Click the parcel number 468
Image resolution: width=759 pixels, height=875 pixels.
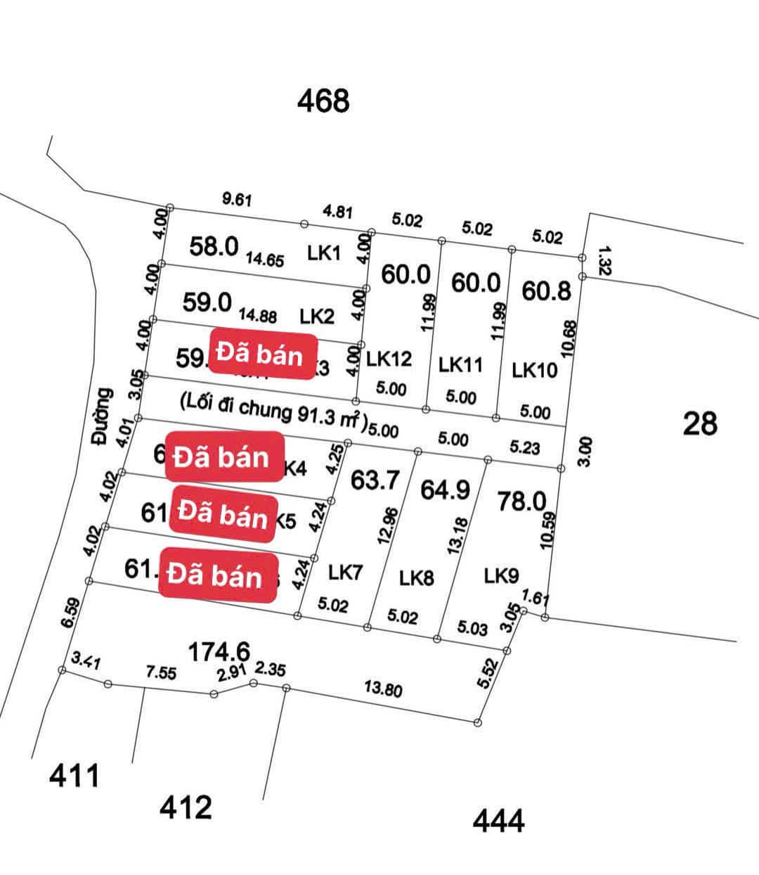tap(323, 101)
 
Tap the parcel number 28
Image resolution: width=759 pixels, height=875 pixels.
tap(700, 423)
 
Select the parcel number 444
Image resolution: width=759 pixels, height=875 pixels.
tap(498, 821)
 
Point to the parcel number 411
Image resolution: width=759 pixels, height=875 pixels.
tap(74, 777)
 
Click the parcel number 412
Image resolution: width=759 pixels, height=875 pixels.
tap(186, 807)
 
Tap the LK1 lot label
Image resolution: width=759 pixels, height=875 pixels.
tap(324, 253)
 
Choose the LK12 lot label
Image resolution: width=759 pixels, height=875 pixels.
tap(389, 359)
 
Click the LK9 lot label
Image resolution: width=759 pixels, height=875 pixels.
tap(502, 575)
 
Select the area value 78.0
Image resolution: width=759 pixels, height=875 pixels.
tap(521, 501)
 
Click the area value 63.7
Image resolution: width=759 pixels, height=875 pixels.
tap(375, 480)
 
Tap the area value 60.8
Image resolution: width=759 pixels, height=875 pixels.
tap(546, 290)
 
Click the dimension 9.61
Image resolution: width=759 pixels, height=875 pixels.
tap(237, 200)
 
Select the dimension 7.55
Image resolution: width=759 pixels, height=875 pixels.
tap(161, 672)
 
